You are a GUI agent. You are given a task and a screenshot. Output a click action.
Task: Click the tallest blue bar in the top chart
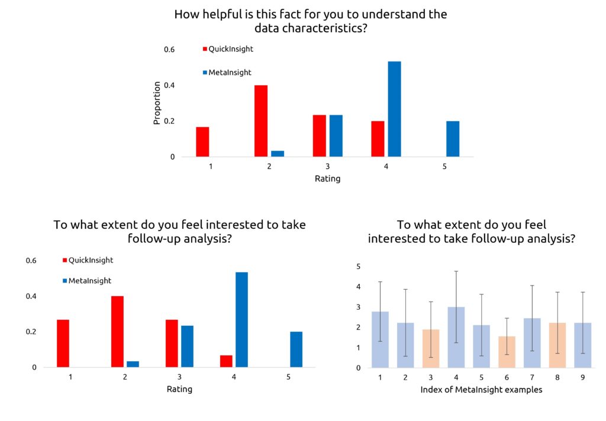coord(394,109)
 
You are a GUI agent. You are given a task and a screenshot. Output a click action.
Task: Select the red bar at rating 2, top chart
coord(261,121)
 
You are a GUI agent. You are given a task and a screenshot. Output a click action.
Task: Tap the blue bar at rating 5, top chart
coord(453,139)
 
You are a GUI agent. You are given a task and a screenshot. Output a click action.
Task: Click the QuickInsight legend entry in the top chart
coord(227,49)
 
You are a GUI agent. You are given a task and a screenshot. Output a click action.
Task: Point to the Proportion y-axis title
coord(157,103)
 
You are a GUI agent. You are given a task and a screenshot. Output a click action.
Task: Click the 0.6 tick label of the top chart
coord(169,50)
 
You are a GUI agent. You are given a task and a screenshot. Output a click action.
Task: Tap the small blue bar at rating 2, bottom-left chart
coord(133,364)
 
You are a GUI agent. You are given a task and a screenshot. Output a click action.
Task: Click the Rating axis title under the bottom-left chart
coord(179,389)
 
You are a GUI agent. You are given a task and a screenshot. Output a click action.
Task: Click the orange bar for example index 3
coord(431,348)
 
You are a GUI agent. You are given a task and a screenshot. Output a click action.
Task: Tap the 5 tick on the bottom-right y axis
coord(358,267)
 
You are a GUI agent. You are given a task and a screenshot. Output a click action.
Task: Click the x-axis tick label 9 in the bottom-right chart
coord(582,377)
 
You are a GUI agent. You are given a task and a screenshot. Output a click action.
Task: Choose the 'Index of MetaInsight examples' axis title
coord(481,390)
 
